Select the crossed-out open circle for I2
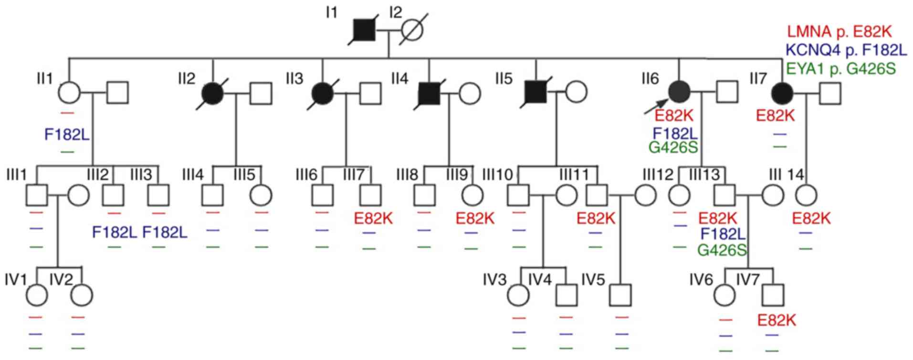[x=412, y=32]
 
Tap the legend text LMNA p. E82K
[x=839, y=32]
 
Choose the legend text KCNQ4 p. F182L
[x=846, y=50]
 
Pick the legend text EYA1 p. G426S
[x=840, y=69]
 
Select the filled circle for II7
[x=783, y=93]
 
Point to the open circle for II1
[x=70, y=93]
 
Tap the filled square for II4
[x=430, y=93]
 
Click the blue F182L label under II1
[x=67, y=135]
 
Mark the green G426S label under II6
[x=673, y=148]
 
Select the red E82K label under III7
[x=373, y=219]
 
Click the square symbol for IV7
[x=773, y=296]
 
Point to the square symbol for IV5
[x=620, y=296]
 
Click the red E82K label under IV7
[x=777, y=320]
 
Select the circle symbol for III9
[x=472, y=195]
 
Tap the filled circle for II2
[x=212, y=93]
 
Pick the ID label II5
[x=504, y=79]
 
